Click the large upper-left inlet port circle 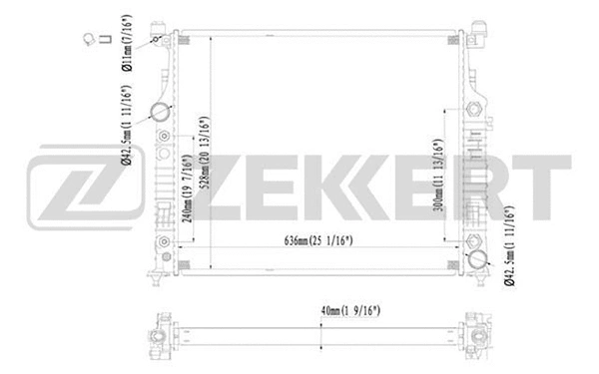tap(157, 112)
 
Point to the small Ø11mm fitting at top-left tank tap(157, 37)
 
